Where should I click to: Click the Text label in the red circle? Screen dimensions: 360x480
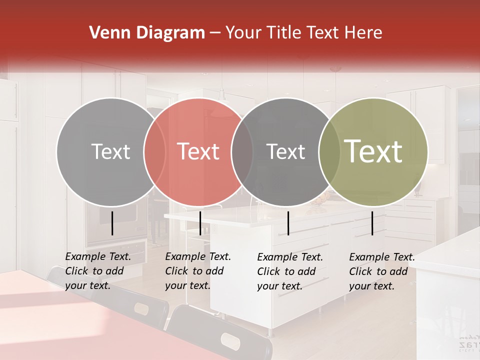point(198,151)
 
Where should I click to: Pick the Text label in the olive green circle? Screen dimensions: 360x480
point(373,151)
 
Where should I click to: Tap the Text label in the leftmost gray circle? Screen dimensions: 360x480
point(110,151)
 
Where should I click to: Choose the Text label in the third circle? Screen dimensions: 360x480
point(286,151)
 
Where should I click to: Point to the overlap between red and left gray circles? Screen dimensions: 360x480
point(154,151)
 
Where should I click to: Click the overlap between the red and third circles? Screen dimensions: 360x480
point(242,151)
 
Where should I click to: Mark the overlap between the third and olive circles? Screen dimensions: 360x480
point(329,151)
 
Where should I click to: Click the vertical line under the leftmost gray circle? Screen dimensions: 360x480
point(112,223)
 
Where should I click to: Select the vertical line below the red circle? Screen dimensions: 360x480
point(200,223)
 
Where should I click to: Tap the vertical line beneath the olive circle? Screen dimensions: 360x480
point(372,223)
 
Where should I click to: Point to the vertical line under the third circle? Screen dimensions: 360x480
point(288,223)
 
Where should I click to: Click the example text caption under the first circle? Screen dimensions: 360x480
point(98,271)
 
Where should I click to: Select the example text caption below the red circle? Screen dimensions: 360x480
point(198,271)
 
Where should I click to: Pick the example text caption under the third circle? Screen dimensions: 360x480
point(290,271)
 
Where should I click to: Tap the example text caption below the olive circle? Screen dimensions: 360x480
point(382,271)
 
